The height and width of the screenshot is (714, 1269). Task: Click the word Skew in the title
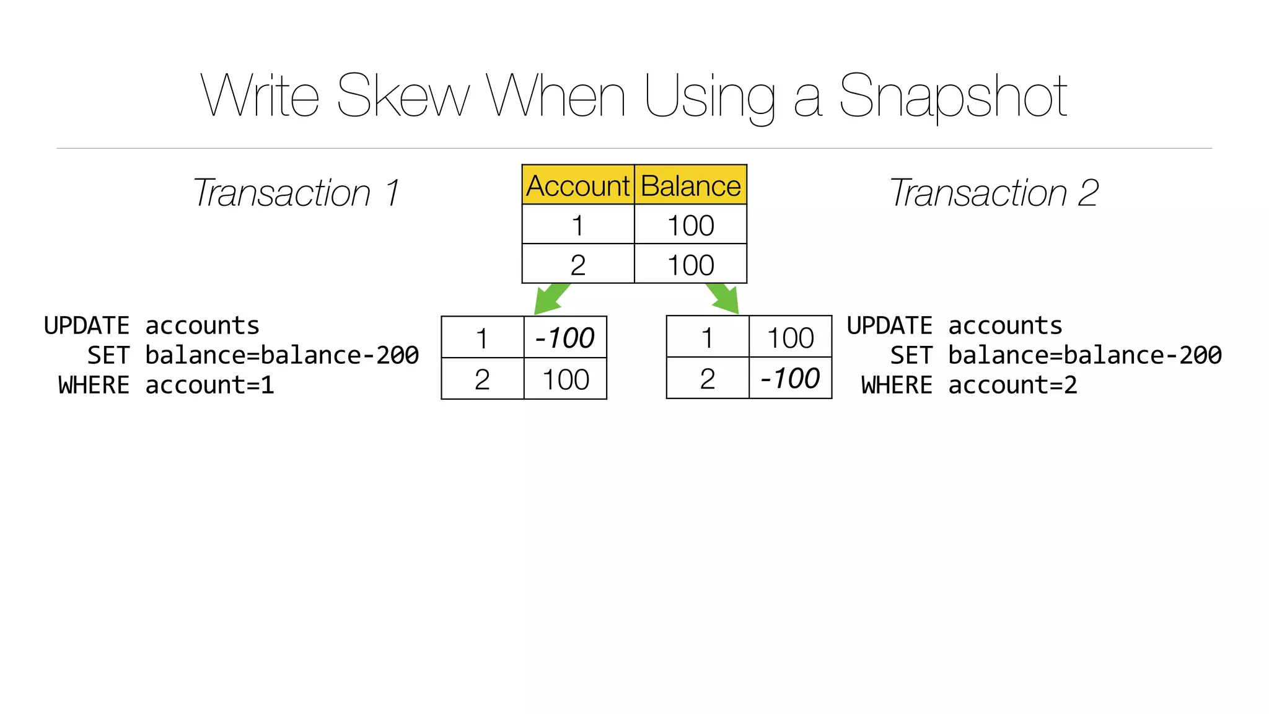pyautogui.click(x=403, y=96)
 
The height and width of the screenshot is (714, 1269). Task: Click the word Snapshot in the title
pyautogui.click(x=952, y=96)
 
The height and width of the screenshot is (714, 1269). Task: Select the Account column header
pyautogui.click(x=577, y=185)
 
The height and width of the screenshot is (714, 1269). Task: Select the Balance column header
pyautogui.click(x=690, y=185)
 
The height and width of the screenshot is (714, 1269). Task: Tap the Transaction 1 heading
pyautogui.click(x=296, y=193)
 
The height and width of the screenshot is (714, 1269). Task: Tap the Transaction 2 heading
pyautogui.click(x=994, y=193)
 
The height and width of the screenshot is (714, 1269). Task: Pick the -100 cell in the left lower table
pyautogui.click(x=564, y=338)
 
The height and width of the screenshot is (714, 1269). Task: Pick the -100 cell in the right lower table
pyautogui.click(x=790, y=378)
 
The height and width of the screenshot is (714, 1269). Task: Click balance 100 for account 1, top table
pyautogui.click(x=690, y=225)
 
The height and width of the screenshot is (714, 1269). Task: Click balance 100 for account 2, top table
pyautogui.click(x=690, y=265)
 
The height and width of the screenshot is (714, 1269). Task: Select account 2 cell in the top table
pyautogui.click(x=577, y=265)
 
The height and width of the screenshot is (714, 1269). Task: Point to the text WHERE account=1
pyautogui.click(x=166, y=386)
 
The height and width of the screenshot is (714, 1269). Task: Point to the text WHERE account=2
pyautogui.click(x=969, y=386)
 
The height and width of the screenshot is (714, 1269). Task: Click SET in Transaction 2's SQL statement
pyautogui.click(x=911, y=356)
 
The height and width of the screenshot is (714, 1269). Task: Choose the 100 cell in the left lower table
pyautogui.click(x=565, y=379)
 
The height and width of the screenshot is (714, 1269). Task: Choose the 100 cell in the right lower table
pyautogui.click(x=790, y=338)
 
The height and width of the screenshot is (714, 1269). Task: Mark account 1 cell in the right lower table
pyautogui.click(x=707, y=338)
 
